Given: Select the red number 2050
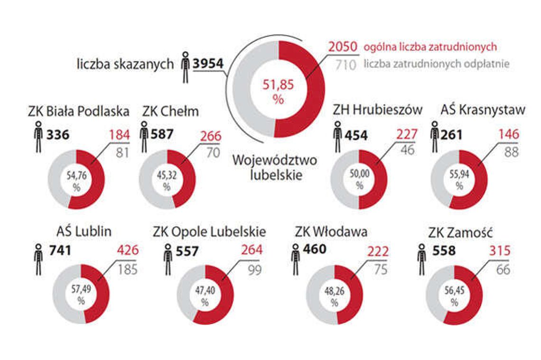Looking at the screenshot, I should coord(343,47).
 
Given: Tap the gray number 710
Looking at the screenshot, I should coord(345,64).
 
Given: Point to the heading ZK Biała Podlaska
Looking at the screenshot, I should coord(78,111).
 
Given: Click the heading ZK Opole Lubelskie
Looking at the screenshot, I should coord(209,233).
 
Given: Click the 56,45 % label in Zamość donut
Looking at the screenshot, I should coord(455,296).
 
